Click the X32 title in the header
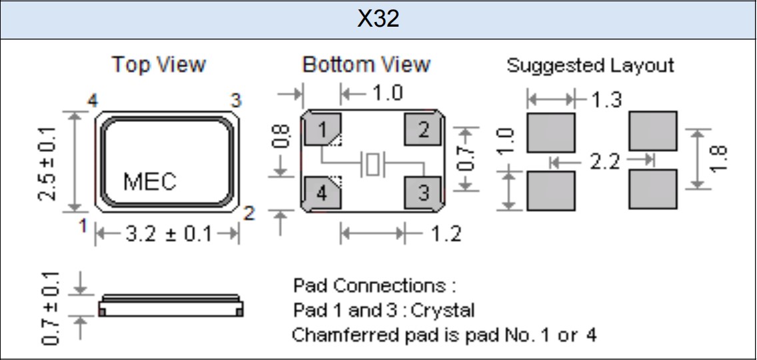tap(378, 19)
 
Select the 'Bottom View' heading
tap(366, 65)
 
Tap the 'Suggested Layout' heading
tap(590, 65)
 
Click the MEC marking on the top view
tap(150, 181)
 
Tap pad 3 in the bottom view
tap(421, 194)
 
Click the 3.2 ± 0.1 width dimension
tap(167, 235)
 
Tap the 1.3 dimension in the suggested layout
tap(606, 99)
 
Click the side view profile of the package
tap(171, 307)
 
